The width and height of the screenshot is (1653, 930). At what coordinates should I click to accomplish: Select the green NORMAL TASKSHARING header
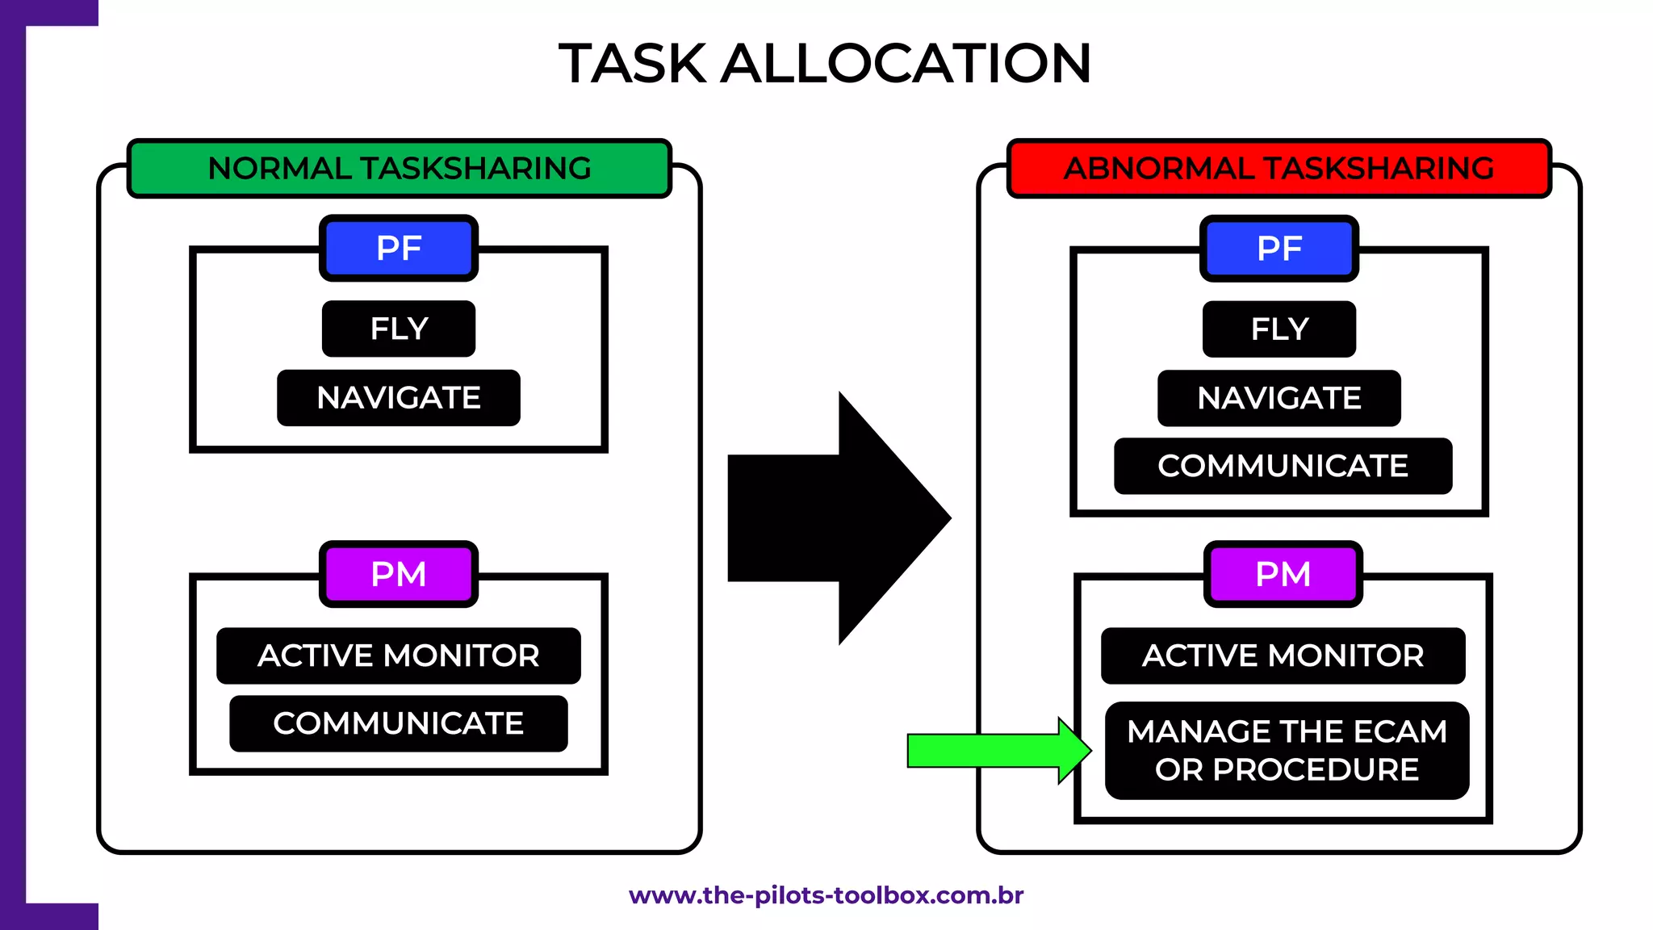(400, 168)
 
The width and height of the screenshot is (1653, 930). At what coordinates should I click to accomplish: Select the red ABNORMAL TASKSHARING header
(1279, 168)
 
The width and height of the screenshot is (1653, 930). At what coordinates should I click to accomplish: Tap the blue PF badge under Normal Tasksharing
(399, 248)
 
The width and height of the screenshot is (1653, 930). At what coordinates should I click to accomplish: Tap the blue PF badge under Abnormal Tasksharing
(1279, 248)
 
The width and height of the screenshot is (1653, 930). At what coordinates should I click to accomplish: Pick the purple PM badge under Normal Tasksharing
(399, 574)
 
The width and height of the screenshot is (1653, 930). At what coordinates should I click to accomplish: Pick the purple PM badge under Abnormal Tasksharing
(1283, 574)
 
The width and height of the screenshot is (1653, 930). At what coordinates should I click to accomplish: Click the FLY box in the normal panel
(399, 329)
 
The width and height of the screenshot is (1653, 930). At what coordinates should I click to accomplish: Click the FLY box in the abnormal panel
(1279, 329)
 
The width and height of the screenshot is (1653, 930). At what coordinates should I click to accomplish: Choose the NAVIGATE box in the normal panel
(399, 398)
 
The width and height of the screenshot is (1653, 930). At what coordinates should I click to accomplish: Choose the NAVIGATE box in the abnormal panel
(1279, 398)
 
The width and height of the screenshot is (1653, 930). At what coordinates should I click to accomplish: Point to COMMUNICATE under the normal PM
(399, 723)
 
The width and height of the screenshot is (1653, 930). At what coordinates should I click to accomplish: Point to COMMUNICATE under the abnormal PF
(1283, 466)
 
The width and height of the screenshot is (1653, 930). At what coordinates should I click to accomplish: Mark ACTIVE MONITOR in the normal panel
(399, 656)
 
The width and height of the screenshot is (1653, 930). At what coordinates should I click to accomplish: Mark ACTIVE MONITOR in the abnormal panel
(1283, 656)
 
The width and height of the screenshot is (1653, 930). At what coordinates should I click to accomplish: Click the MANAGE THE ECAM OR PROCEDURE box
(1287, 751)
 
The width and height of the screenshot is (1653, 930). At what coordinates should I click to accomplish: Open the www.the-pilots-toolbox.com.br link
(826, 895)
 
